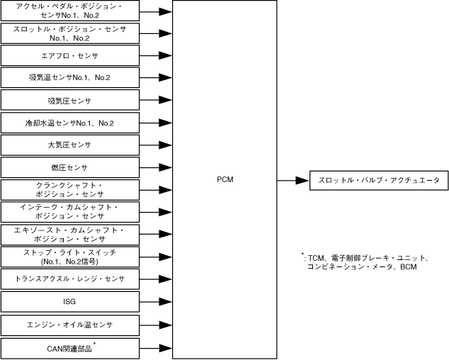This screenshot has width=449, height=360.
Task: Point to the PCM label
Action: [x=225, y=181]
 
